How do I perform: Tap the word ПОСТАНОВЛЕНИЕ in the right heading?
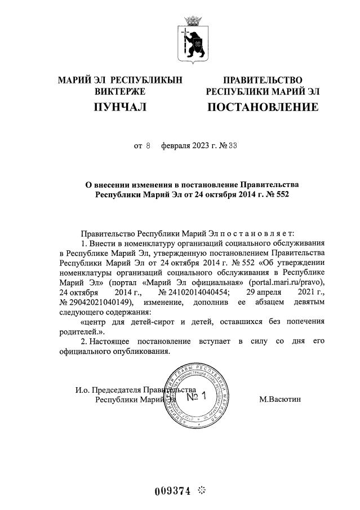pos(263,107)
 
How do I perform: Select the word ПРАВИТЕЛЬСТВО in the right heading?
pos(263,81)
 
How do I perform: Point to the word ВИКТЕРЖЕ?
pos(120,91)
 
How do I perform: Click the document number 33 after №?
pos(217,145)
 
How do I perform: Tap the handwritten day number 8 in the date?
pos(148,145)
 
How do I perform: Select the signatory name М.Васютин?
pos(280,400)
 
